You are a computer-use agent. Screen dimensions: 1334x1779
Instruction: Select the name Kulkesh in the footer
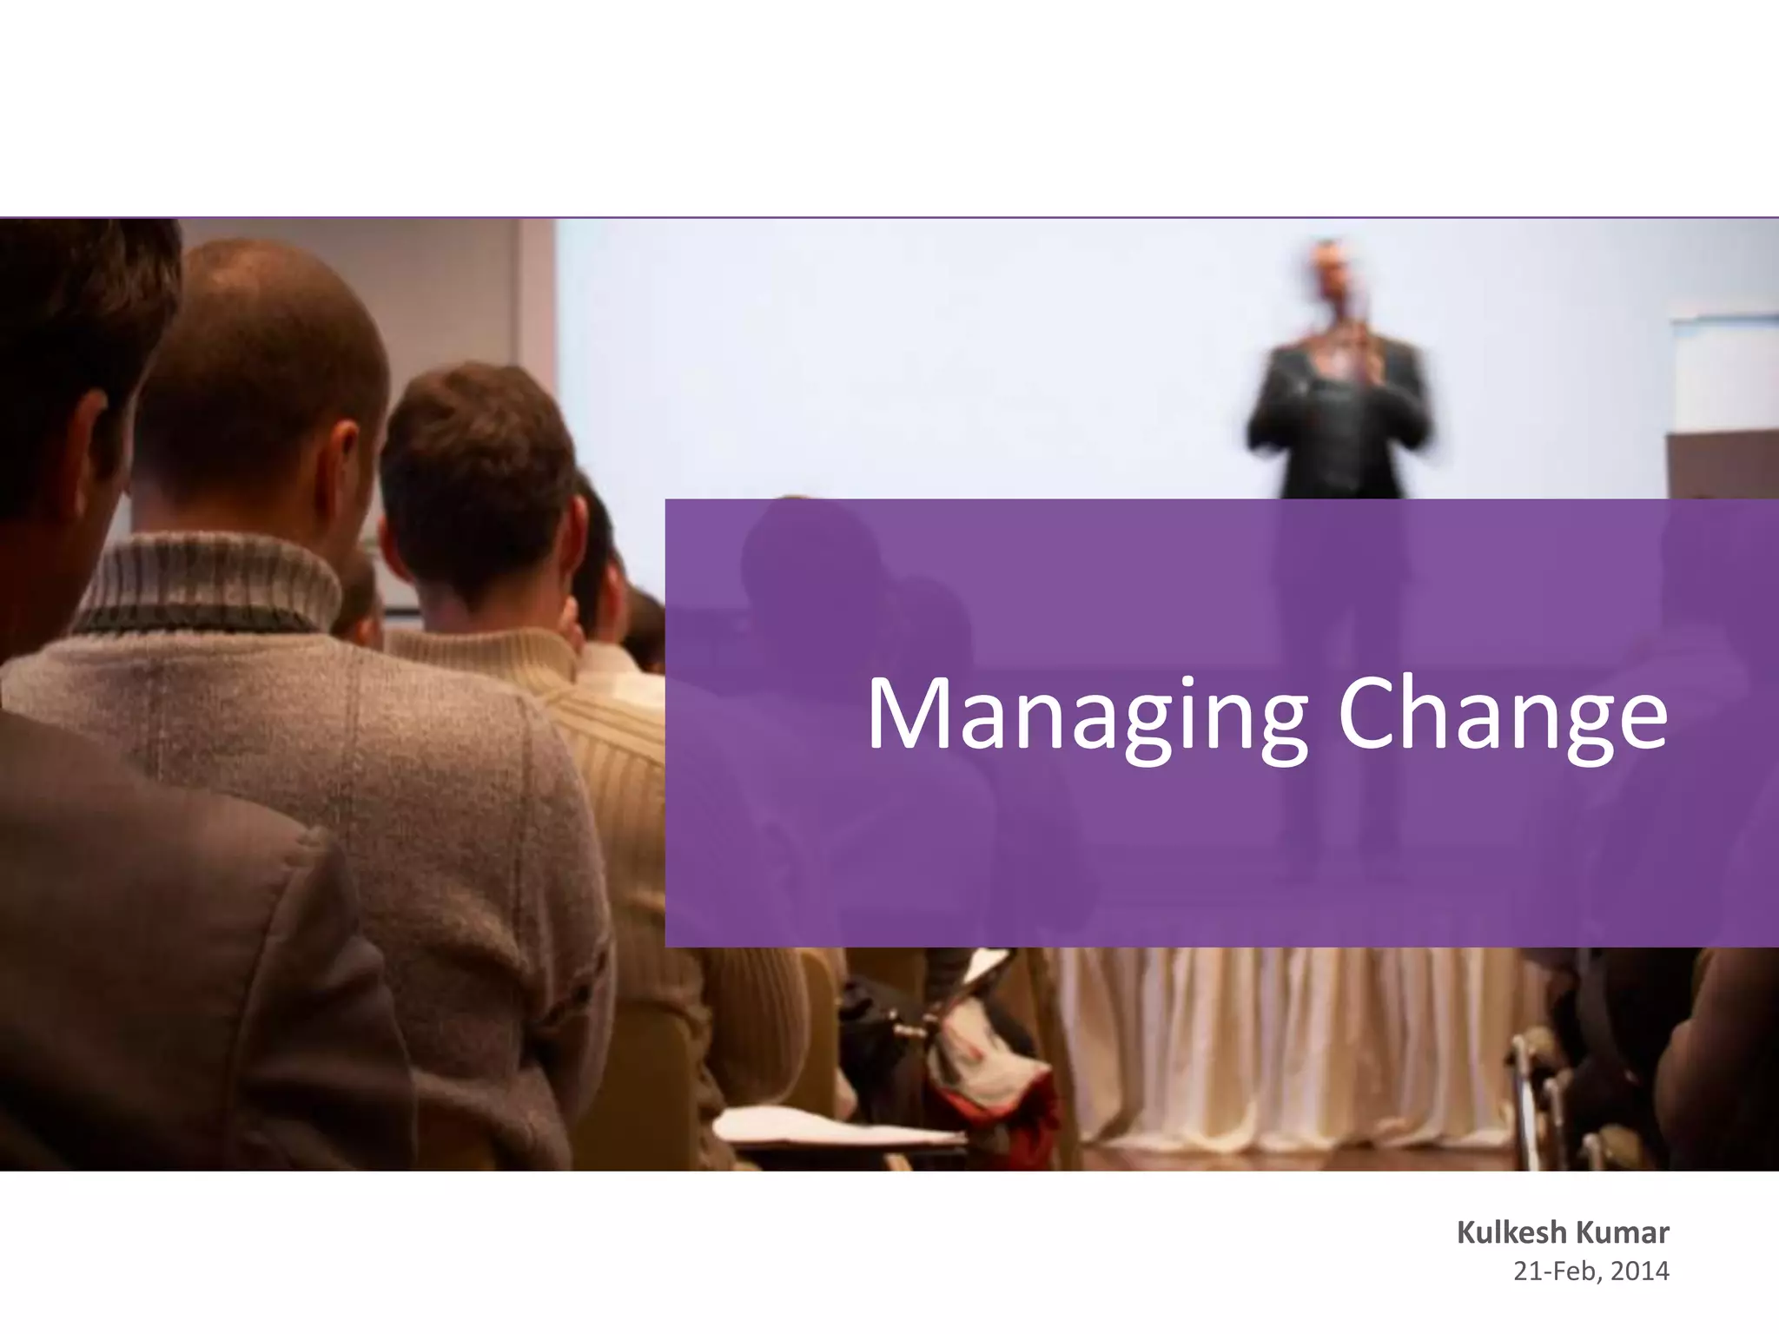(x=1512, y=1232)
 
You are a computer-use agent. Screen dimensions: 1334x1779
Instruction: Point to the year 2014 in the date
(x=1640, y=1271)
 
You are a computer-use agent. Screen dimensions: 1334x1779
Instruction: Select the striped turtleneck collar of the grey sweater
(x=208, y=582)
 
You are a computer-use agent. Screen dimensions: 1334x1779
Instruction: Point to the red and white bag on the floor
(x=990, y=1068)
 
